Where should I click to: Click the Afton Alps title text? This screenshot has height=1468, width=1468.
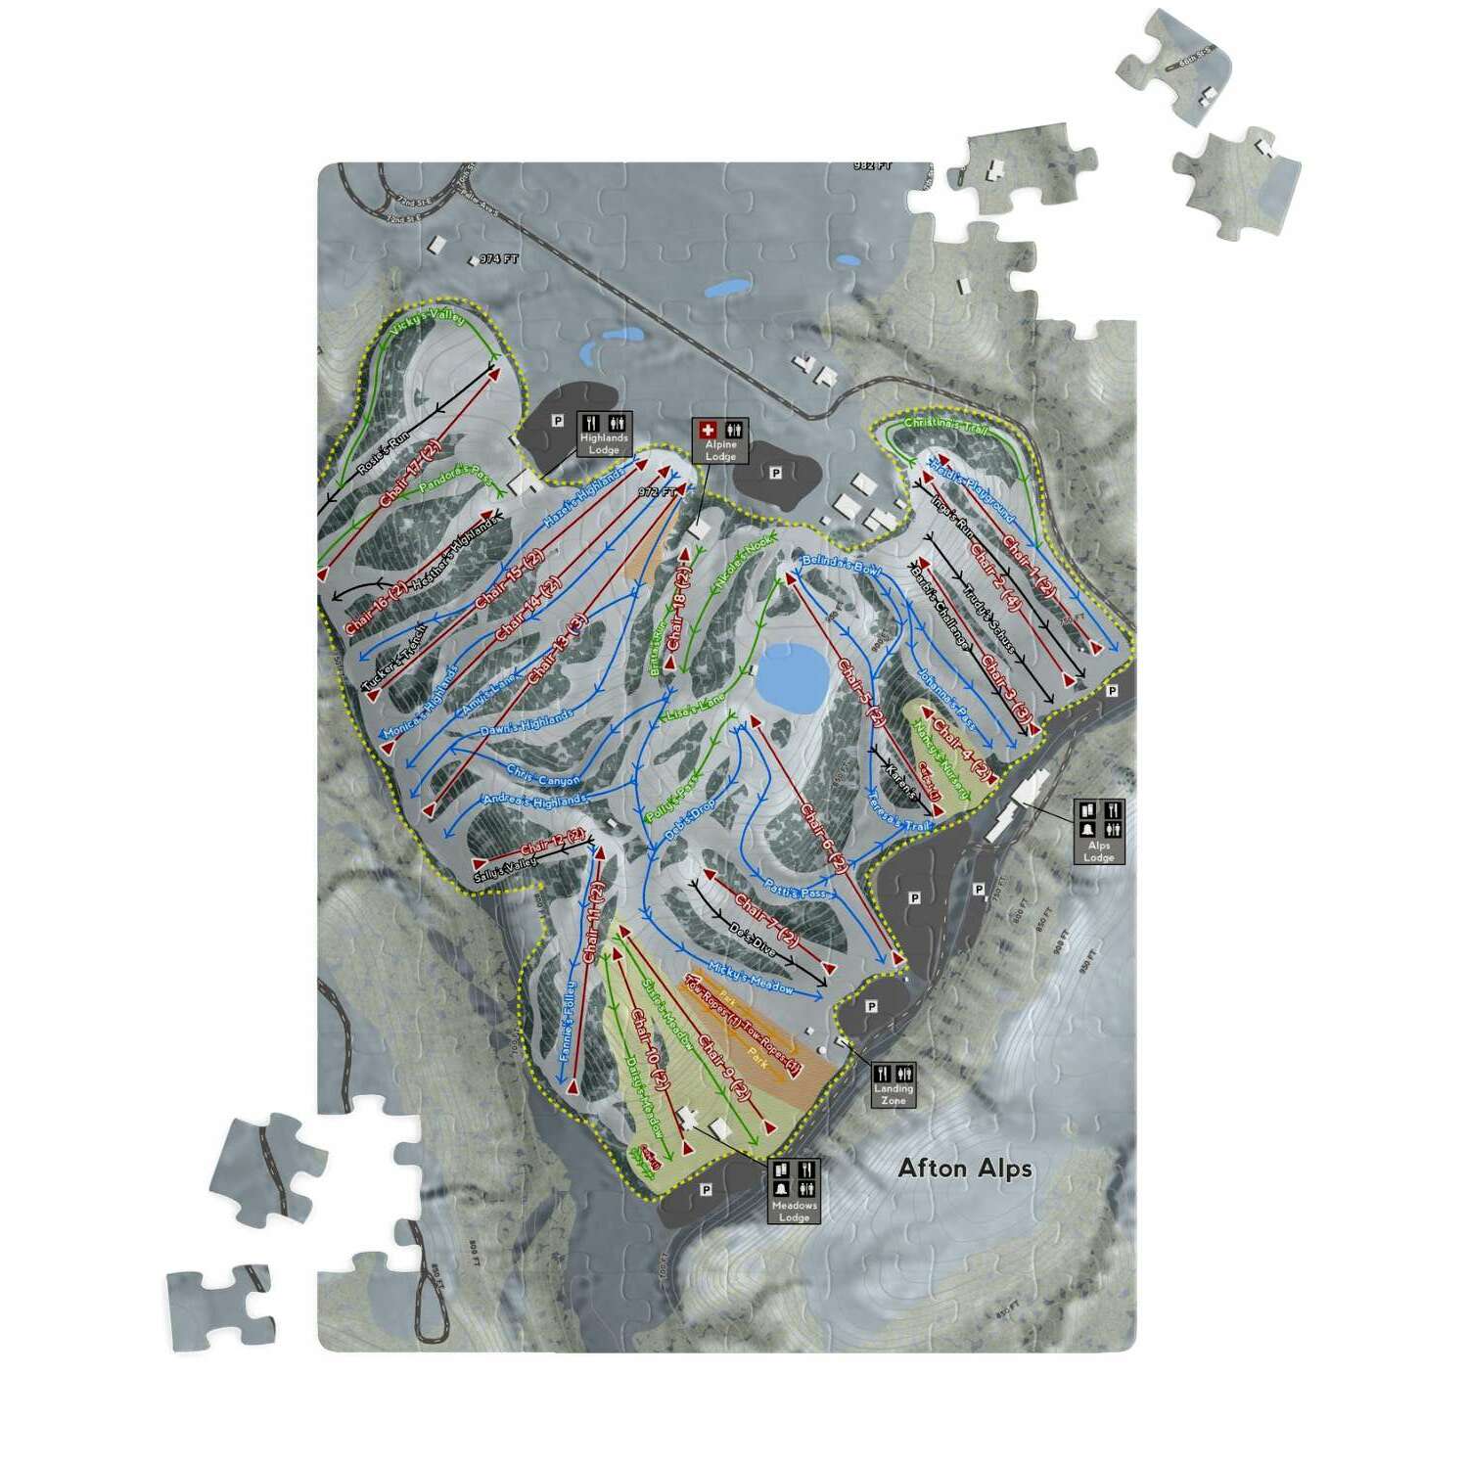click(x=965, y=1168)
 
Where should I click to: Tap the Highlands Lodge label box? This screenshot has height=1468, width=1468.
click(x=604, y=434)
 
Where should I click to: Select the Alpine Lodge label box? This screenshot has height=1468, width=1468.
click(x=720, y=440)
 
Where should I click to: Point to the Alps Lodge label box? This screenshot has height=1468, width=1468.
click(x=1099, y=831)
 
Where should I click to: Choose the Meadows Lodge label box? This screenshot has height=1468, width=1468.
click(x=794, y=1191)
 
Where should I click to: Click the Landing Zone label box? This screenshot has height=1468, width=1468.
click(x=893, y=1084)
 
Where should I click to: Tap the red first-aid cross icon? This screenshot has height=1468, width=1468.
click(x=708, y=429)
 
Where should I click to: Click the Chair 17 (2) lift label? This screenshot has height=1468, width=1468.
click(x=410, y=474)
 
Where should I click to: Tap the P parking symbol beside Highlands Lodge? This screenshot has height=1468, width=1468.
click(x=559, y=422)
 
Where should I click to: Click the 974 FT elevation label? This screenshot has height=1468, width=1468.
click(x=498, y=259)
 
